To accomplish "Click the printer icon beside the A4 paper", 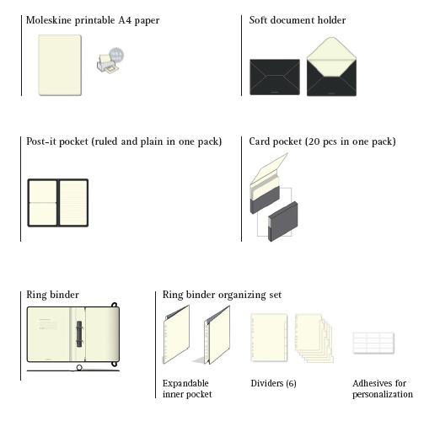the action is pos(110,61).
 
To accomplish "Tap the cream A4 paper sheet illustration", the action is pos(60,65).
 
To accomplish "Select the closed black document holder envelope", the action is pos(275,77).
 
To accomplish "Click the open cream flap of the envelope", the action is pos(331,56).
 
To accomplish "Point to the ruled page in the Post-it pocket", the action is pos(73,202).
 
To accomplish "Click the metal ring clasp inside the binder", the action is pos(79,333).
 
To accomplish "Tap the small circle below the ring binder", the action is pos(79,367).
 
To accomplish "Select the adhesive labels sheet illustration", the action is pos(373,343).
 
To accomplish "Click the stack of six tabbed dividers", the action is pos(314,338).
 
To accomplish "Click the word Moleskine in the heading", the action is pos(49,20).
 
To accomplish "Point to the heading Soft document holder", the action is pos(298,20).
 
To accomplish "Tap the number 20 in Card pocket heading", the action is pos(314,141).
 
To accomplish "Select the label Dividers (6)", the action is pos(273,383).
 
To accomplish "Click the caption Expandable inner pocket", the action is pos(187,389).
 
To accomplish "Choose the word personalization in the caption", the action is pos(383,394).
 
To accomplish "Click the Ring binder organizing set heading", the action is pos(222,295).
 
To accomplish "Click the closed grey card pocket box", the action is pos(283,221).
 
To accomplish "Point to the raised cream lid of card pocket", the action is pos(269,168).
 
